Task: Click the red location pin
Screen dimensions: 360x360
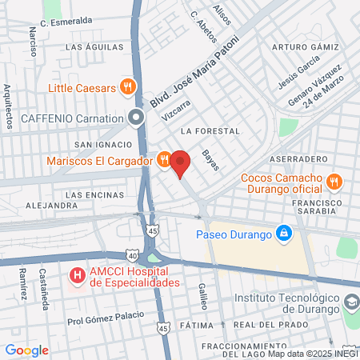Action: (x=180, y=162)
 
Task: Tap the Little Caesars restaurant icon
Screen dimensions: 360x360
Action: (x=126, y=86)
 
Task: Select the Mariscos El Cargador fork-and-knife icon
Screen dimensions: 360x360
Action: (x=163, y=159)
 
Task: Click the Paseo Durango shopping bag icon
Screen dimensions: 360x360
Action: (x=282, y=233)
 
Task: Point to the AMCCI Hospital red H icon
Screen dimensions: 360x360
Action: (x=78, y=276)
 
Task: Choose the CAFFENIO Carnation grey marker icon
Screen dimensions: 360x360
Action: (x=136, y=118)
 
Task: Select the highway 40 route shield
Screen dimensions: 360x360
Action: (x=132, y=255)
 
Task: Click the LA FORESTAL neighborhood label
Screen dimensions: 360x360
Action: (x=210, y=130)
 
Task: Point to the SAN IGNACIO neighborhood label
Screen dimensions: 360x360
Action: (x=102, y=144)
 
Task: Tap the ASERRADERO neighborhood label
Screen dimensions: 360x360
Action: (x=304, y=159)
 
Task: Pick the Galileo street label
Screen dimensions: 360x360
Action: (x=203, y=296)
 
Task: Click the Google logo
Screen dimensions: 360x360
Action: (x=26, y=350)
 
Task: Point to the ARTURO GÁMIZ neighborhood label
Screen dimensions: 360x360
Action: (x=301, y=47)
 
